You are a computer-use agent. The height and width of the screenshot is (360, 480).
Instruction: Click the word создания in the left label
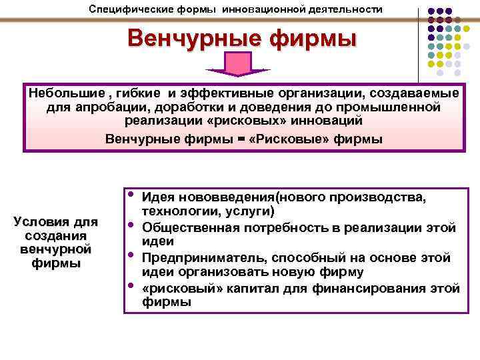tap(56, 236)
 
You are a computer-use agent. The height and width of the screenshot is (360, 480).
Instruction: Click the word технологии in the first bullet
tap(173, 211)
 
